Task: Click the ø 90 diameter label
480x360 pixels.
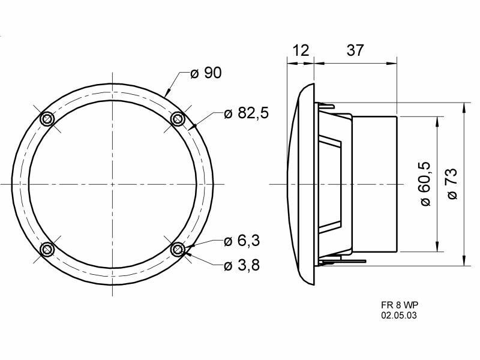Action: pyautogui.click(x=206, y=73)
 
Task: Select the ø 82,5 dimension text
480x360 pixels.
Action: pyautogui.click(x=246, y=113)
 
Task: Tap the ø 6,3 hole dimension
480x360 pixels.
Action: pyautogui.click(x=242, y=241)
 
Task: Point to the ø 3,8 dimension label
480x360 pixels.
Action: pyautogui.click(x=242, y=265)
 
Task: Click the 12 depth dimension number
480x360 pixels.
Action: pyautogui.click(x=301, y=50)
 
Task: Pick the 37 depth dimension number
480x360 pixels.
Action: pyautogui.click(x=355, y=50)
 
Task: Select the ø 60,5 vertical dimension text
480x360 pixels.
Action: pyautogui.click(x=425, y=184)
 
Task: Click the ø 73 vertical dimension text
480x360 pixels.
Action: pyautogui.click(x=452, y=184)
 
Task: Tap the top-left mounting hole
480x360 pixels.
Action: pyautogui.click(x=47, y=119)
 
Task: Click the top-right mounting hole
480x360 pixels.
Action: pyautogui.click(x=178, y=118)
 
